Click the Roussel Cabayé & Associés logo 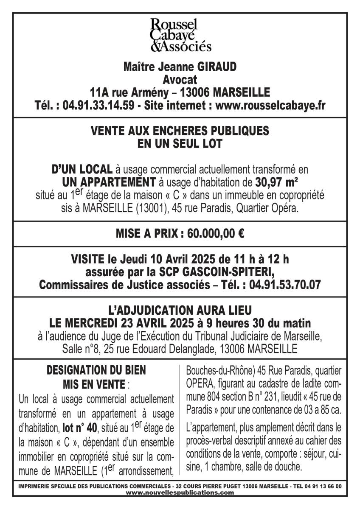(x=180, y=35)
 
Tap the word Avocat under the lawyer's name (x=180, y=80)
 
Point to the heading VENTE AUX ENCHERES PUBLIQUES (x=180, y=131)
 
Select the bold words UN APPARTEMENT (x=109, y=183)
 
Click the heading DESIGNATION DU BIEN (x=96, y=370)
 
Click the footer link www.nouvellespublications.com (x=180, y=492)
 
